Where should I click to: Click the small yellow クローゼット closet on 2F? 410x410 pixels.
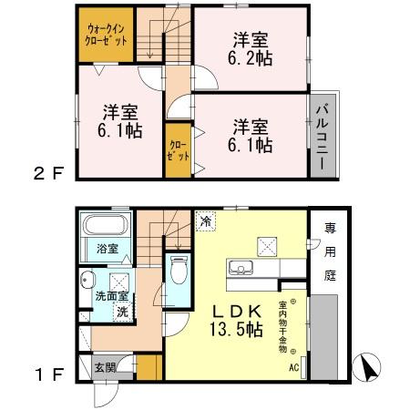[x=179, y=151]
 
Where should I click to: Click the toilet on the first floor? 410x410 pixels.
[x=179, y=270]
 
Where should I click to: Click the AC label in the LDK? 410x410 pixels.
[x=293, y=368]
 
